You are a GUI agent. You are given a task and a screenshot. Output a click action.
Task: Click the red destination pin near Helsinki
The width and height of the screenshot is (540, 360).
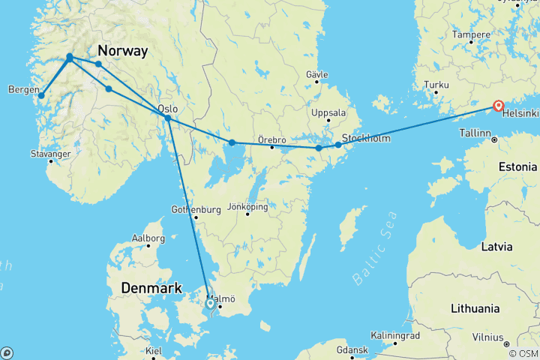pos(498,106)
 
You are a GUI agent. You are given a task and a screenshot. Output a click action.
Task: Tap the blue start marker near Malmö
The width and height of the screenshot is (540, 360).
pos(210,304)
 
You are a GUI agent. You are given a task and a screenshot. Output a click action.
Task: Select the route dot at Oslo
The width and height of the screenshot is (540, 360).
pos(168,118)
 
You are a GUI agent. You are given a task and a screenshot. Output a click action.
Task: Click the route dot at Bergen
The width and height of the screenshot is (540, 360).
pos(41,95)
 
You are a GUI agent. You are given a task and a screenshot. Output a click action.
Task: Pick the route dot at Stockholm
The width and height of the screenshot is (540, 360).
pos(338,145)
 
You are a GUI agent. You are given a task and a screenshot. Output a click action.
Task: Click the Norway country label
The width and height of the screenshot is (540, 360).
pos(123,51)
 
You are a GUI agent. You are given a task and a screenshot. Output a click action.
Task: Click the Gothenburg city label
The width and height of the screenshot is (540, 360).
pos(196,209)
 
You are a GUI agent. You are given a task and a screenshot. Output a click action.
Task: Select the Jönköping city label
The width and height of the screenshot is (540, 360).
pos(247,206)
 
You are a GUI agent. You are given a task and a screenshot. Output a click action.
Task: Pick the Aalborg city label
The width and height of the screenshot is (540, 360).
pos(148,238)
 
